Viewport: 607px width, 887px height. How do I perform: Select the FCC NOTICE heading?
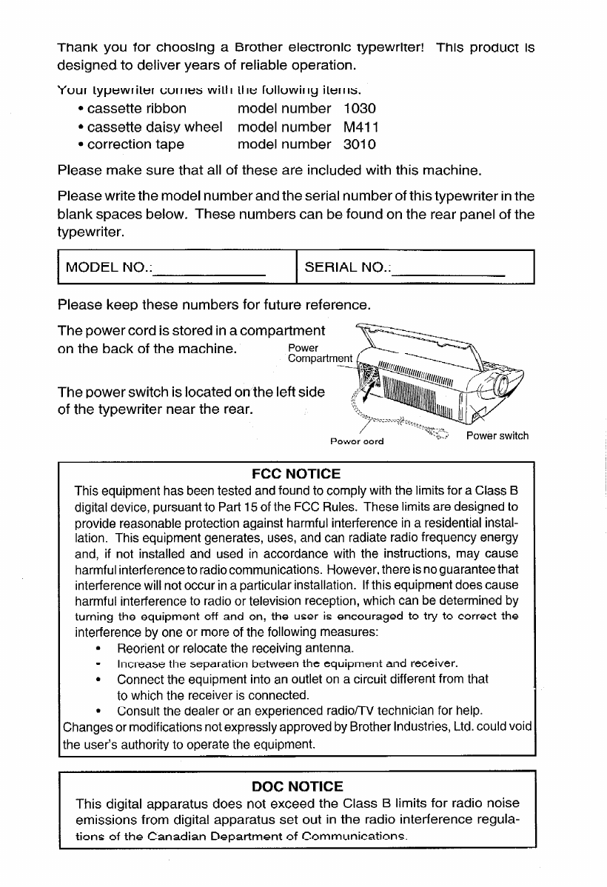[x=296, y=473]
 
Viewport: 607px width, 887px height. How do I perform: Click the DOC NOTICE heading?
[x=296, y=786]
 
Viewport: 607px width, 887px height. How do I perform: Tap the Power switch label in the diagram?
[x=497, y=435]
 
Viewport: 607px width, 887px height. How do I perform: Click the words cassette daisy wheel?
[x=155, y=127]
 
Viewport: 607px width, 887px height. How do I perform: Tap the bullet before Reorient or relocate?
[x=98, y=649]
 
